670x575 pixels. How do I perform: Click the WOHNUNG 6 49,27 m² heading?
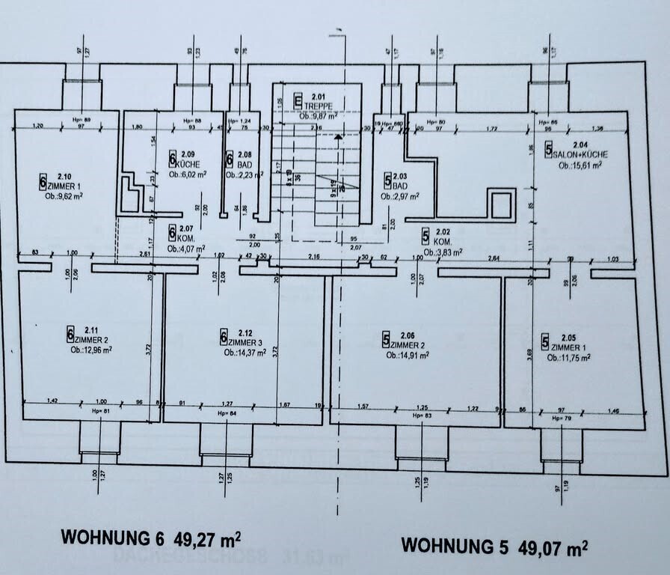click(150, 538)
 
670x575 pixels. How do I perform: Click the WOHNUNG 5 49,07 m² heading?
click(494, 544)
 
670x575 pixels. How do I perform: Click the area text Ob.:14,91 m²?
click(408, 355)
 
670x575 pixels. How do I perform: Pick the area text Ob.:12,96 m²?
click(91, 350)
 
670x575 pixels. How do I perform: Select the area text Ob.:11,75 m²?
click(569, 357)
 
